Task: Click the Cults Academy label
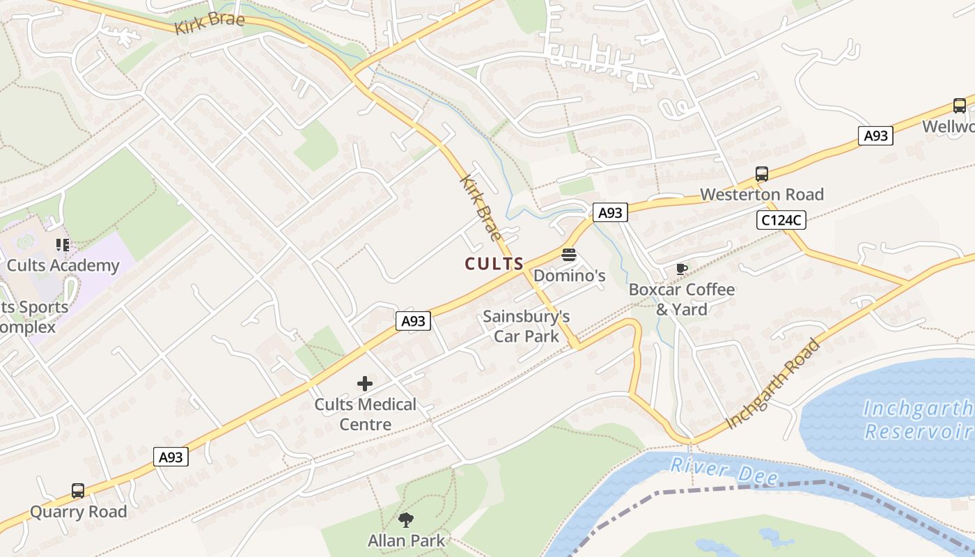(x=63, y=265)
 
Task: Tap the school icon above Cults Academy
(x=63, y=245)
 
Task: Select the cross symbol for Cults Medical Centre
(x=365, y=384)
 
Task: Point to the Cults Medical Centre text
(x=365, y=414)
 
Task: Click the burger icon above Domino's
(x=569, y=255)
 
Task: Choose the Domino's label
(x=569, y=276)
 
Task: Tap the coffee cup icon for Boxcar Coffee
(x=682, y=269)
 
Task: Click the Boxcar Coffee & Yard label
(x=682, y=299)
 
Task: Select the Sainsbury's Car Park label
(x=526, y=327)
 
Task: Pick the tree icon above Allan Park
(x=406, y=519)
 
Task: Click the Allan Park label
(x=406, y=540)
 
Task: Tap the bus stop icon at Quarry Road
(x=78, y=491)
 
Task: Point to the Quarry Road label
(x=78, y=512)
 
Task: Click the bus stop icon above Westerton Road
(x=762, y=174)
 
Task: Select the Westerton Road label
(x=762, y=194)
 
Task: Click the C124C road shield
(x=781, y=221)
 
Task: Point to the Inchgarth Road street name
(x=774, y=384)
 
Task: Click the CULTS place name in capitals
(x=494, y=264)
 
